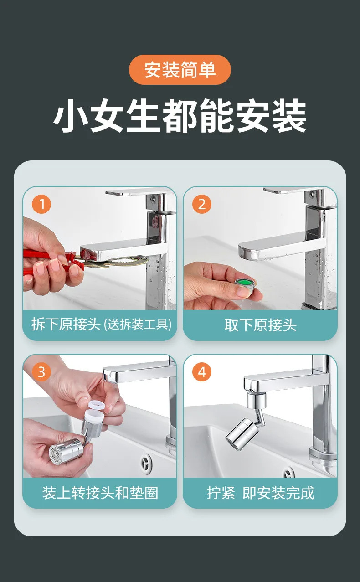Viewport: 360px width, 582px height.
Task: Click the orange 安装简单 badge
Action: tap(180, 70)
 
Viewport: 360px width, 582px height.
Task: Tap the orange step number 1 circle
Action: tap(41, 204)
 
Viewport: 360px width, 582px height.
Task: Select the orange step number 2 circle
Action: tap(202, 204)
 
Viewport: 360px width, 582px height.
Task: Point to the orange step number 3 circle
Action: tap(41, 372)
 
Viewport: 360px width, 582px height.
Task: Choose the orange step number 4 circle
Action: tap(202, 372)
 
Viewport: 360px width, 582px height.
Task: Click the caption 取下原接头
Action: tap(261, 325)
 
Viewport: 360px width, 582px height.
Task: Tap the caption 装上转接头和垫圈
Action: tap(100, 493)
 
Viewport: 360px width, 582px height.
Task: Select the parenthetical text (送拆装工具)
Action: tap(138, 324)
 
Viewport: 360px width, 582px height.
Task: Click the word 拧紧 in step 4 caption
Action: tap(221, 493)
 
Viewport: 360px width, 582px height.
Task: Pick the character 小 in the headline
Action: tap(70, 115)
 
